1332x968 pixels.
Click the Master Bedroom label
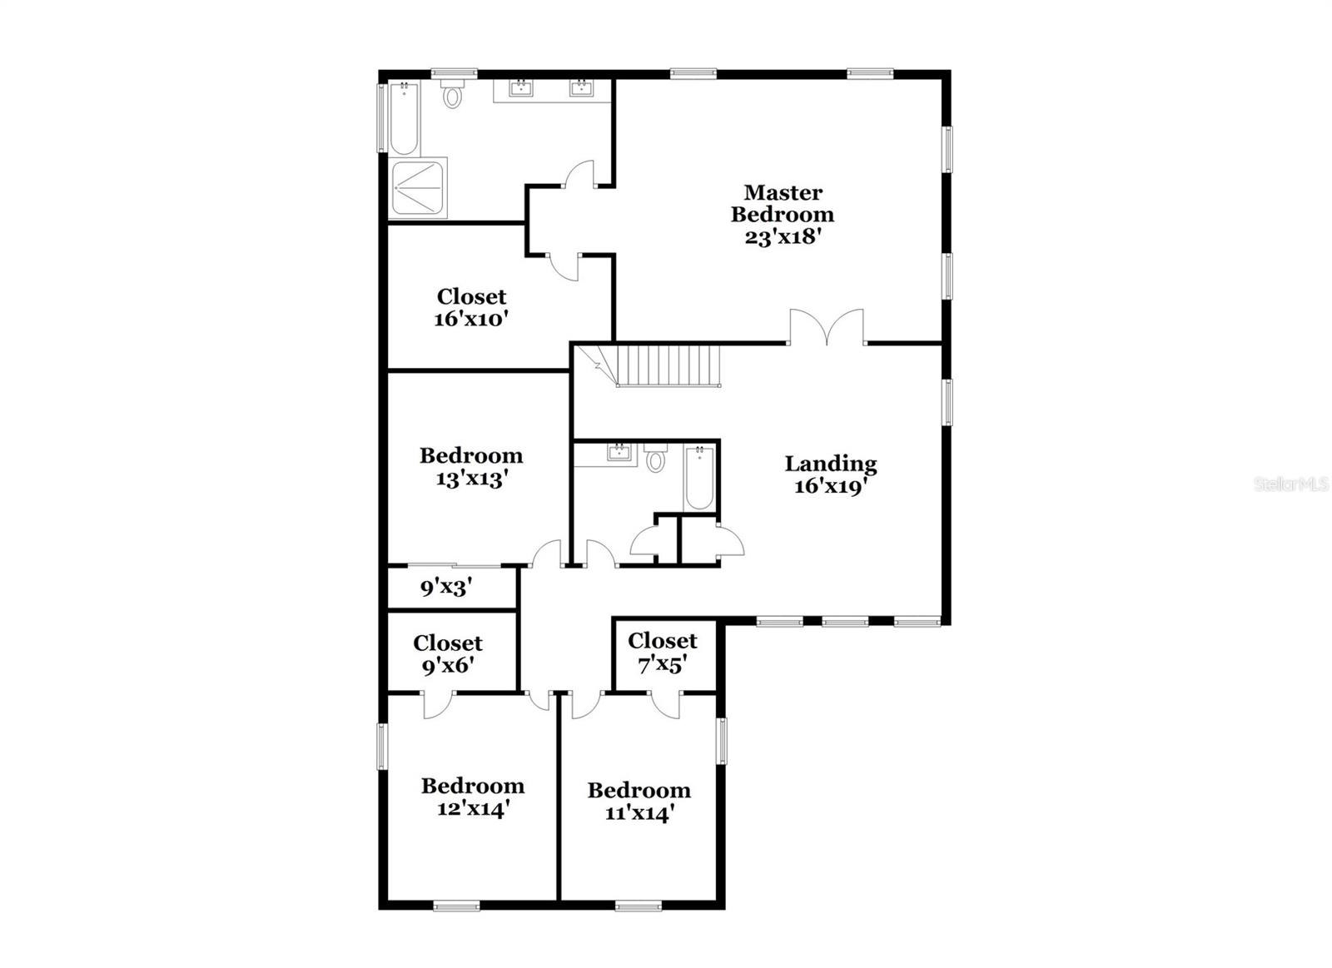tap(783, 204)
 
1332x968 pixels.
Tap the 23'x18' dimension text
tap(783, 236)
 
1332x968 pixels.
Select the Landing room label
tap(831, 464)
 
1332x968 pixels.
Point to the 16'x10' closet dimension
tap(471, 319)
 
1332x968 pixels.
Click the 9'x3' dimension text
tap(446, 588)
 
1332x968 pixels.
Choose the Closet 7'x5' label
tap(663, 641)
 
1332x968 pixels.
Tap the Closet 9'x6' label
tap(448, 643)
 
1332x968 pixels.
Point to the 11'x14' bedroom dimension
tap(639, 812)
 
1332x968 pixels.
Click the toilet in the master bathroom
tap(453, 96)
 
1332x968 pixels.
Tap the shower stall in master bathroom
tap(419, 188)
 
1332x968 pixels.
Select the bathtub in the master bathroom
tap(404, 119)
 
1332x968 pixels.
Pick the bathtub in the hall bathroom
tap(699, 478)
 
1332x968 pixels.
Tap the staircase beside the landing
tap(666, 366)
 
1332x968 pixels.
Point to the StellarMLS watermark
tap(1291, 484)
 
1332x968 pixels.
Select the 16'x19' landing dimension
tap(831, 486)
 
